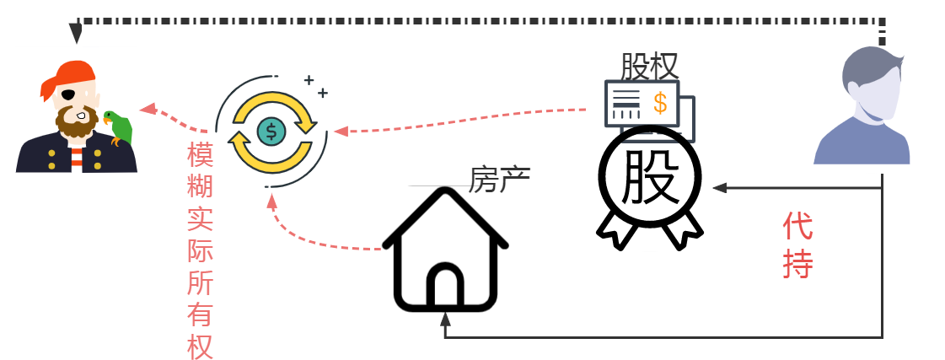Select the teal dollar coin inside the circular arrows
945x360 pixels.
tap(271, 130)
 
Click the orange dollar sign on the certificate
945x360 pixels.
tap(660, 104)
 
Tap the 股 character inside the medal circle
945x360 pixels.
tap(651, 177)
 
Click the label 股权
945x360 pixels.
tap(650, 67)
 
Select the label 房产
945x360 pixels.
tap(500, 179)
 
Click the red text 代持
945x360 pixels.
tap(798, 244)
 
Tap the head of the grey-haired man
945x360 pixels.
tap(872, 83)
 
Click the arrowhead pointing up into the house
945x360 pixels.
tap(445, 319)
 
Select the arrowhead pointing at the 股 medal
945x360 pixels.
tap(720, 188)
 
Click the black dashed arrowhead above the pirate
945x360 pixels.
tap(76, 34)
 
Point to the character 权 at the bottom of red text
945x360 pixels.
tap(200, 346)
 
